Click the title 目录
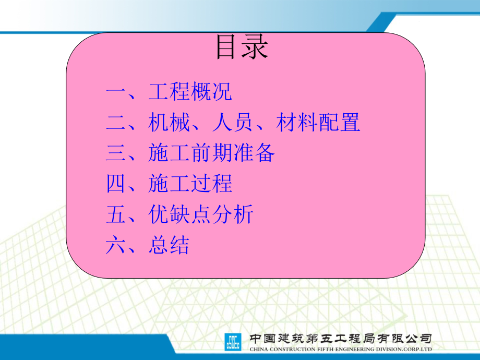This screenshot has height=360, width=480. [x=242, y=47]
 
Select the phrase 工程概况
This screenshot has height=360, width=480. [x=190, y=91]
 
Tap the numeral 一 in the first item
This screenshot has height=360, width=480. [x=116, y=91]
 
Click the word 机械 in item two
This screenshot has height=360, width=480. [x=169, y=122]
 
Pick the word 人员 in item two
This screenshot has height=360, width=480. [x=233, y=122]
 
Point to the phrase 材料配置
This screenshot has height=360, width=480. [x=318, y=122]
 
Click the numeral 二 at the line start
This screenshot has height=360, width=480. [x=116, y=122]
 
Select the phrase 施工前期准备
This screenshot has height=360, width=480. [x=211, y=152]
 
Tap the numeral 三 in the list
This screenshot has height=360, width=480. [x=116, y=152]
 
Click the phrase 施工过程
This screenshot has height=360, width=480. [x=190, y=183]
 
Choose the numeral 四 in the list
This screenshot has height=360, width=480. [x=116, y=183]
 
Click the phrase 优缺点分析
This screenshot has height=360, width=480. [x=201, y=214]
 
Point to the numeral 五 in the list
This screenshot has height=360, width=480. [x=116, y=214]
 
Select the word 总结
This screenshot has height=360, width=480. [x=169, y=244]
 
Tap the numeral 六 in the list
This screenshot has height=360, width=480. [x=116, y=245]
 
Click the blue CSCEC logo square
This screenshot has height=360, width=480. [x=233, y=342]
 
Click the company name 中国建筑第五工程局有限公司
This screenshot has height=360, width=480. [x=340, y=339]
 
